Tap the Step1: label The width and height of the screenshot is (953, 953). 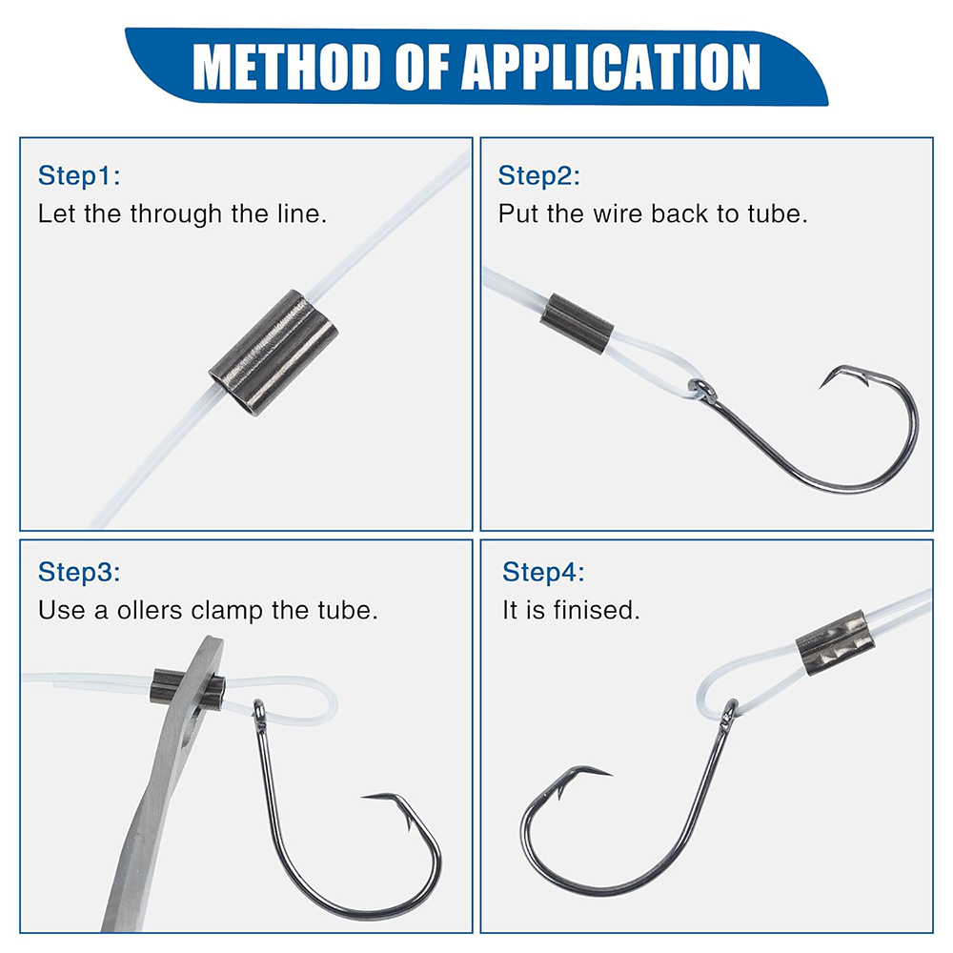point(80,176)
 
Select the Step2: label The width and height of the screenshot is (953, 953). point(539,176)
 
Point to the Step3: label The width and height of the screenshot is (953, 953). point(80,573)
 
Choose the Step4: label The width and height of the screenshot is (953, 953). point(544,573)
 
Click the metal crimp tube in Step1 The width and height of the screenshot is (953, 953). point(274,355)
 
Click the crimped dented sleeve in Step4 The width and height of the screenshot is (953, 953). point(835,644)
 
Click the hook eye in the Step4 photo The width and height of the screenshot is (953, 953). point(730,709)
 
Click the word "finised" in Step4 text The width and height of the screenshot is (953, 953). point(598,610)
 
